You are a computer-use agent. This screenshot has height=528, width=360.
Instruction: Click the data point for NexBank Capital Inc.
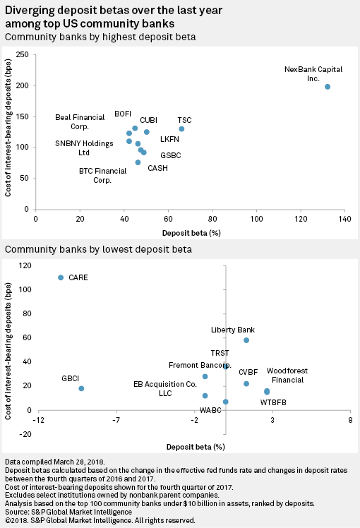(x=328, y=87)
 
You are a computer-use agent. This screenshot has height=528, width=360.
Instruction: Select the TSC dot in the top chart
(x=181, y=128)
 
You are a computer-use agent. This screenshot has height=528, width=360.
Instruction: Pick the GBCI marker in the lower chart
(x=81, y=388)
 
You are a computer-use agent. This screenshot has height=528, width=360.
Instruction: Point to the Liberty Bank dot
(x=246, y=340)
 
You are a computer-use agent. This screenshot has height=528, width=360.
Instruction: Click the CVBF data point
(x=246, y=383)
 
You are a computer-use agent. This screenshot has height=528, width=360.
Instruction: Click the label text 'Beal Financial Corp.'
(x=79, y=122)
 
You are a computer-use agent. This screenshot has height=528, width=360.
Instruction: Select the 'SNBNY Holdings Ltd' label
(x=84, y=148)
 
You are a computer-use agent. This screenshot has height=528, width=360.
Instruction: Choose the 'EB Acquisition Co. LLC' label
(x=164, y=388)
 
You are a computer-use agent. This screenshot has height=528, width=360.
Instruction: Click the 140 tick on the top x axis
(x=344, y=220)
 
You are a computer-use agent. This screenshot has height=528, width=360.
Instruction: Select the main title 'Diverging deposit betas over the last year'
(x=112, y=10)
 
